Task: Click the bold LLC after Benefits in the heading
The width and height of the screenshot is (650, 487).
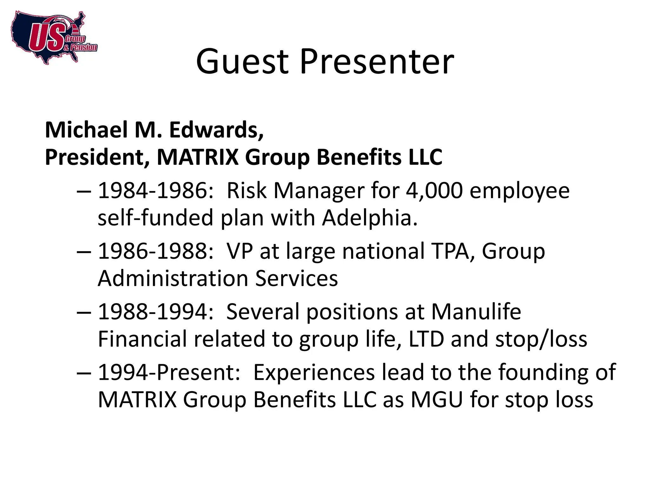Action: [x=425, y=157]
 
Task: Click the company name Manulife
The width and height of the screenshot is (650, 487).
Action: [x=476, y=312]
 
